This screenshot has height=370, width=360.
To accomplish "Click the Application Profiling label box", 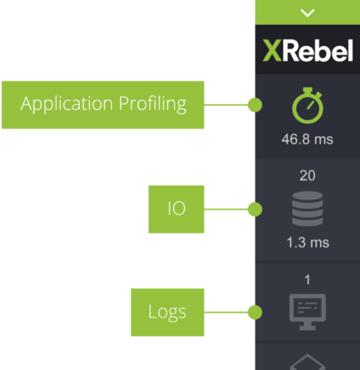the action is pyautogui.click(x=103, y=105).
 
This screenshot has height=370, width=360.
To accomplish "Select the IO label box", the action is pyautogui.click(x=177, y=209).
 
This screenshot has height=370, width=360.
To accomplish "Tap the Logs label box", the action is pyautogui.click(x=167, y=312).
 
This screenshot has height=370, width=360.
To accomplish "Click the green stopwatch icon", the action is pyautogui.click(x=308, y=106).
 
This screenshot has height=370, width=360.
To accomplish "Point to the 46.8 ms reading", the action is pyautogui.click(x=308, y=140).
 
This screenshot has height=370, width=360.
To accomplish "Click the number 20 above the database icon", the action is pyautogui.click(x=308, y=176).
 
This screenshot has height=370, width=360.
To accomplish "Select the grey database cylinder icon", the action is pyautogui.click(x=308, y=209).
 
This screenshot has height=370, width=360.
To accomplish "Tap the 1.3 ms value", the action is pyautogui.click(x=308, y=243).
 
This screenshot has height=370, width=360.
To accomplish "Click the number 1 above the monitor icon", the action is pyautogui.click(x=308, y=280).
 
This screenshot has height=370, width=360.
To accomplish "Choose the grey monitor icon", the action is pyautogui.click(x=308, y=312).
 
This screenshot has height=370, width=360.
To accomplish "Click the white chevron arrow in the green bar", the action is pyautogui.click(x=308, y=13).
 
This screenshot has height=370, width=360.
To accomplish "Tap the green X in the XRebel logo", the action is pyautogui.click(x=272, y=51).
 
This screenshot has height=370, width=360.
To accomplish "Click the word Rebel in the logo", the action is pyautogui.click(x=318, y=50).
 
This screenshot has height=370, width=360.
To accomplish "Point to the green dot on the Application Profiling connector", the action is pyautogui.click(x=255, y=105).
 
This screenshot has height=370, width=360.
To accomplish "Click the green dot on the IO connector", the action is pyautogui.click(x=255, y=209).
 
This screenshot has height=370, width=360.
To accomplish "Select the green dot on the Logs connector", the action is pyautogui.click(x=255, y=312).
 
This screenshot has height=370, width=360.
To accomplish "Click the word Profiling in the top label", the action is pyautogui.click(x=153, y=104).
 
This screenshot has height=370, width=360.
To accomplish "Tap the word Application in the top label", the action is pyautogui.click(x=67, y=104).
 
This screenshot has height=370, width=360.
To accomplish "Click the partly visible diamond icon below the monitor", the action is pyautogui.click(x=308, y=362).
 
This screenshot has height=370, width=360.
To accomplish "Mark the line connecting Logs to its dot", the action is pyautogui.click(x=226, y=312).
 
